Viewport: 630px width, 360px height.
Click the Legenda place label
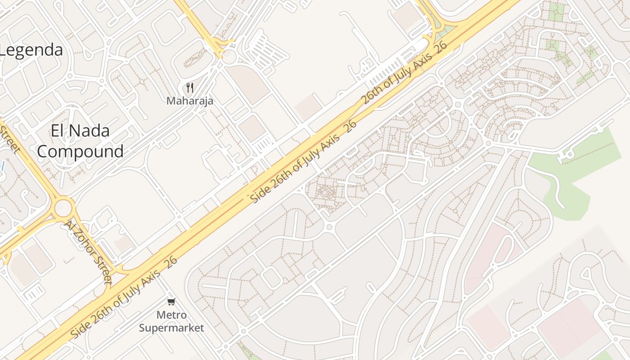[x=31, y=49]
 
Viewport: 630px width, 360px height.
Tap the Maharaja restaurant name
[x=189, y=101]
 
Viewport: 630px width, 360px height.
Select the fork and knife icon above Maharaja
[x=189, y=88]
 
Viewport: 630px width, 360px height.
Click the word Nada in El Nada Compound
[x=88, y=131]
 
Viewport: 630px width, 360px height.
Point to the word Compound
[x=80, y=151]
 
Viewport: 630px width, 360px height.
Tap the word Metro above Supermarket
[x=171, y=315]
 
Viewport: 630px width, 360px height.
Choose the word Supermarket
[x=171, y=328]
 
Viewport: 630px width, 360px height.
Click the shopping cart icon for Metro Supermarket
[x=171, y=302]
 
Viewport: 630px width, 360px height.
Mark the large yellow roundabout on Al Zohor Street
[x=63, y=208]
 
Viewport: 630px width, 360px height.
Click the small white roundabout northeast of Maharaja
[x=230, y=57]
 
